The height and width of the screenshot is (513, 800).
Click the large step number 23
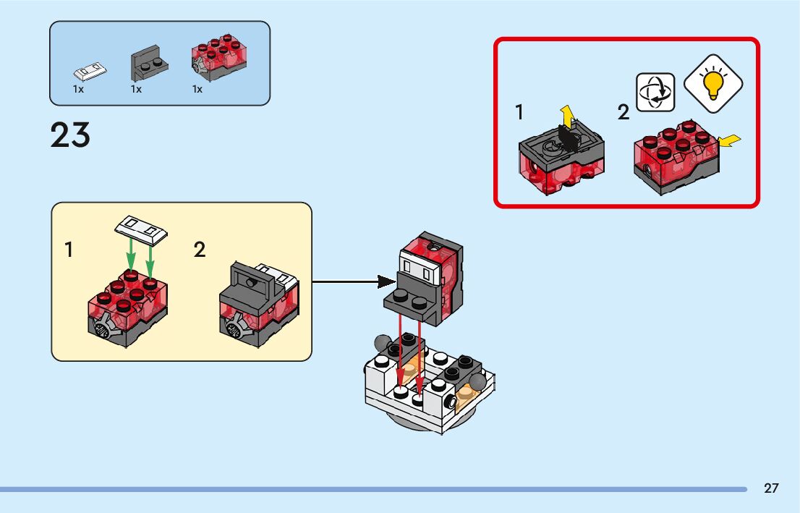coord(70,135)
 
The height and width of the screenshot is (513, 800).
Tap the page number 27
coord(771,488)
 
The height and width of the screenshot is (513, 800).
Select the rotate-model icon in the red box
coord(655,92)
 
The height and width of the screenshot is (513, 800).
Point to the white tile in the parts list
coord(91,71)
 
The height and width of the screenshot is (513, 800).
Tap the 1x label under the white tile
coord(78,90)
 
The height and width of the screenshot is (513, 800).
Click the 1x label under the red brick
coord(197,90)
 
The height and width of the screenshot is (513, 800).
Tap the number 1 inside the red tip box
coord(519,112)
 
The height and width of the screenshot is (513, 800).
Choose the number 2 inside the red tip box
coord(624,113)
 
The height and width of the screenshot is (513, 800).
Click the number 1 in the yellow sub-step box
coord(69,250)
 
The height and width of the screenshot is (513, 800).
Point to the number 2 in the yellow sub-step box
coord(200,250)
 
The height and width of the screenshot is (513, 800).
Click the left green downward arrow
coord(130,255)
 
